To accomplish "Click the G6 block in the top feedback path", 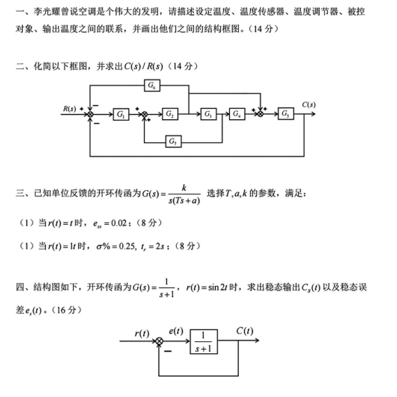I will coord(152,86).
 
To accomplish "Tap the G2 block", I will coord(170,114).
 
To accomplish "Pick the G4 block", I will coord(237,114).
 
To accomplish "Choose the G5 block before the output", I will coord(286,114).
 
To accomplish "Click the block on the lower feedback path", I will coord(173,141).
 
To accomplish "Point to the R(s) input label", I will coord(70,109).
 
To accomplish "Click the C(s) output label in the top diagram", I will coord(308,105).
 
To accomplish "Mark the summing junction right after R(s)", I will coord(90,114).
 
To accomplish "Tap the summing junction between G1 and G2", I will coord(145,114).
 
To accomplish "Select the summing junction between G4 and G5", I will coord(261,114).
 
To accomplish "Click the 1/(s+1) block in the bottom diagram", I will coord(204,342).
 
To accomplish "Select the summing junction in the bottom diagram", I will coord(159,341).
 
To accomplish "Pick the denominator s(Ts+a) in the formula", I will coord(184,201).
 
